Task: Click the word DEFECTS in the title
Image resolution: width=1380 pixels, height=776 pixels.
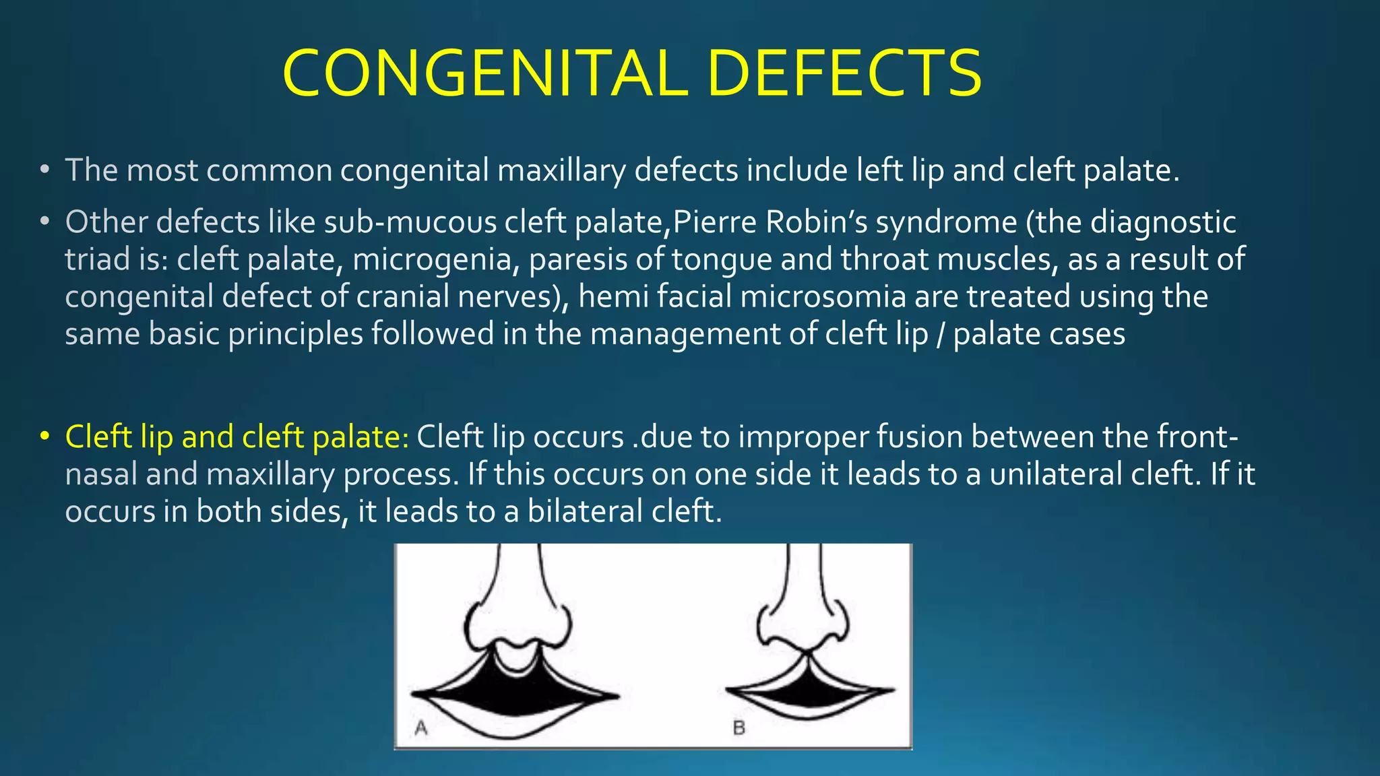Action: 845,73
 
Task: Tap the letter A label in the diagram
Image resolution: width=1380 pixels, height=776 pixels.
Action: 421,727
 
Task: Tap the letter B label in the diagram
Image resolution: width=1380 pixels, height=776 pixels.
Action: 739,727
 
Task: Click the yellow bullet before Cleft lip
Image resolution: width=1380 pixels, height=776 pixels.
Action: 44,437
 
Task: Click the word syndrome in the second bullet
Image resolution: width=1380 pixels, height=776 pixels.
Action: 946,222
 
